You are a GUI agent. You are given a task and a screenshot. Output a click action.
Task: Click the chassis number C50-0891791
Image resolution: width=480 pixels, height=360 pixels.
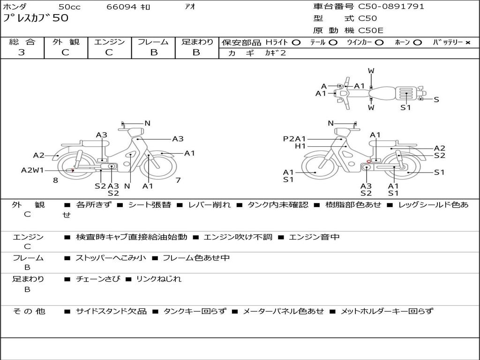tap(391, 6)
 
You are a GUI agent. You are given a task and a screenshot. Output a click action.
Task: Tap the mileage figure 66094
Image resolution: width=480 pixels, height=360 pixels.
tap(121, 7)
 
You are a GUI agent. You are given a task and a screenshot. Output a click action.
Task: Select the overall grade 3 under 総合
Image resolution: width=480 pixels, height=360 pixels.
tap(22, 52)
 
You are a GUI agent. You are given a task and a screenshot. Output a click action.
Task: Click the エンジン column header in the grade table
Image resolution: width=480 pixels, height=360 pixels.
tap(109, 42)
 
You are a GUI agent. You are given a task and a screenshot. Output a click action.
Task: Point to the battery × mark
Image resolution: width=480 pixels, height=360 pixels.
tap(467, 43)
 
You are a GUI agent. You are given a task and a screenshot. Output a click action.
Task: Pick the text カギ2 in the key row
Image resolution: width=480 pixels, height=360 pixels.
tap(275, 52)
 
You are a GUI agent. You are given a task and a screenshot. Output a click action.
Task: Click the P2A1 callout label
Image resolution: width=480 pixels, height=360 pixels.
tap(294, 139)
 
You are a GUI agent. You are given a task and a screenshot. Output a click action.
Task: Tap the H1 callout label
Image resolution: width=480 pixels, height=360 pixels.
tap(300, 146)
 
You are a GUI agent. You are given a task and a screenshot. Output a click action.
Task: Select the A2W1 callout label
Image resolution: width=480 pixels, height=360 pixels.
tap(32, 170)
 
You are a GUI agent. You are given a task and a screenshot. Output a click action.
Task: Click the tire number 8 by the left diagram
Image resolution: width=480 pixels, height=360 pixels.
tap(55, 180)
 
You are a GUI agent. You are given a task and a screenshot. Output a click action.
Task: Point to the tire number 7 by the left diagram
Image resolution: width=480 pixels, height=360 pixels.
tap(178, 180)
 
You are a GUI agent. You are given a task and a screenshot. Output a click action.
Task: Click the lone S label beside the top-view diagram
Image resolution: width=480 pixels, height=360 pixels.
tap(436, 99)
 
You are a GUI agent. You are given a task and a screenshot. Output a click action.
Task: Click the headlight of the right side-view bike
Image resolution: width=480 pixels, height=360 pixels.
tap(343, 132)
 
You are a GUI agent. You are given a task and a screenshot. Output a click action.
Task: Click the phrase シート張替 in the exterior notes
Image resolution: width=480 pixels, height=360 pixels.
tap(150, 204)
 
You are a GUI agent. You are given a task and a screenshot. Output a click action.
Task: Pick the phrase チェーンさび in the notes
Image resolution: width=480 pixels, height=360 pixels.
tap(98, 279)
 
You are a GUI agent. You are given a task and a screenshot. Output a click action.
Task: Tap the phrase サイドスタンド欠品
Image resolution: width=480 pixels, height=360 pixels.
tap(112, 311)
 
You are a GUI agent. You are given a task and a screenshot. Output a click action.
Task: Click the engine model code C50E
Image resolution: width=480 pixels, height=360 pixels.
tap(371, 30)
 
